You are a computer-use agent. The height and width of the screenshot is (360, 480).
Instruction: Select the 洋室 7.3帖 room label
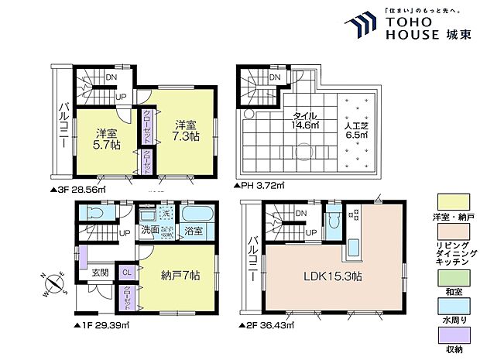tap(185, 130)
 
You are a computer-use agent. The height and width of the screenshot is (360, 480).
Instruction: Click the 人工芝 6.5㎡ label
tap(358, 127)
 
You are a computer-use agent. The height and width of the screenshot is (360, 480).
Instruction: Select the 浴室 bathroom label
tap(193, 231)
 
